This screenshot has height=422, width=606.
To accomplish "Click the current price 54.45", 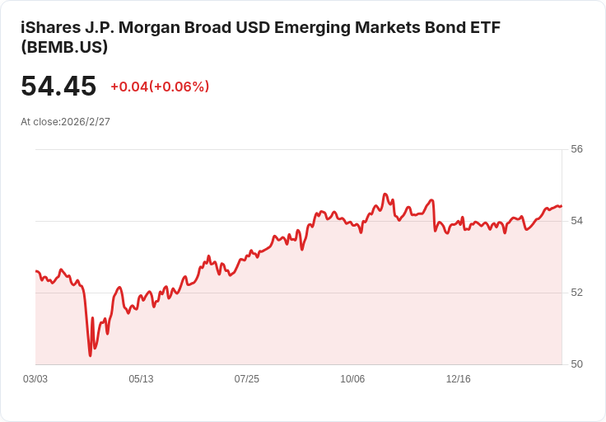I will click(58, 87).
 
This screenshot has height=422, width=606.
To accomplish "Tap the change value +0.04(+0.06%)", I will click(160, 87).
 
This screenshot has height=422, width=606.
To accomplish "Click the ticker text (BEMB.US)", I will click(64, 47).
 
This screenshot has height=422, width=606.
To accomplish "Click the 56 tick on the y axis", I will click(576, 149).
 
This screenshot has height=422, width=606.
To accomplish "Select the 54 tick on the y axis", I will click(576, 221).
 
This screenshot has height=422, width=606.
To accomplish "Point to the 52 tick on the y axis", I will click(576, 293).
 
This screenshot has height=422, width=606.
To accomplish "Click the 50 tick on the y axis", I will click(576, 364).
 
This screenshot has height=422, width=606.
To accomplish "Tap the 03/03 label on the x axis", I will click(35, 379).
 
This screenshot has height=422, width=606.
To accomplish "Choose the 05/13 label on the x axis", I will click(141, 379).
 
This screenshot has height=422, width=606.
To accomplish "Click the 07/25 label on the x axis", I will click(247, 379).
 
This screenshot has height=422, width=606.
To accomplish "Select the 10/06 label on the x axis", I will click(352, 379).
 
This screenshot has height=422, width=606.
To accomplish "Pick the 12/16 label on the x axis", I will click(458, 379).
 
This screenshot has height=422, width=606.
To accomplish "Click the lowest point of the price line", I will click(90, 356).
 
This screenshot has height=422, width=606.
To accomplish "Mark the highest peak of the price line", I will click(385, 195).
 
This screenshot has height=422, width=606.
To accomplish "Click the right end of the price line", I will click(562, 206).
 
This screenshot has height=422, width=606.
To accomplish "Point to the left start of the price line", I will click(35, 270).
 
